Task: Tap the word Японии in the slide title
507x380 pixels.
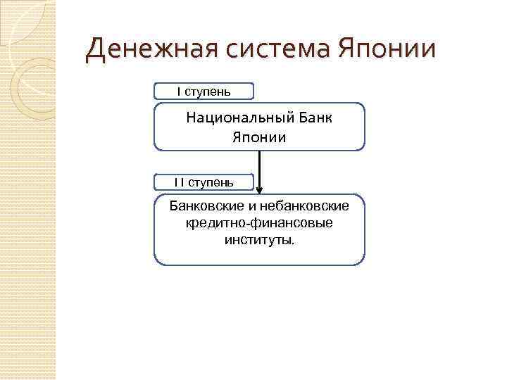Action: pos(387,51)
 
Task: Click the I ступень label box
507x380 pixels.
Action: pos(204,91)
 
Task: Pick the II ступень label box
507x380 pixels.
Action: pos(204,183)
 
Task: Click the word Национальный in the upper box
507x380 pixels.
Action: pos(236,118)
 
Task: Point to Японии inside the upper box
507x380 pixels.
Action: pos(259,137)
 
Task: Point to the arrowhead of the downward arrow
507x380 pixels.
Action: pos(260,190)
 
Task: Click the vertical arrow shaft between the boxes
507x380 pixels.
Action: pos(260,165)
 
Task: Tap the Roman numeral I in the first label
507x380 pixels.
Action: pos(179,91)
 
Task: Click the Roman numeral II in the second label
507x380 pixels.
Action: pos(180,183)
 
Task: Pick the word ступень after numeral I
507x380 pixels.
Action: pos(208,91)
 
